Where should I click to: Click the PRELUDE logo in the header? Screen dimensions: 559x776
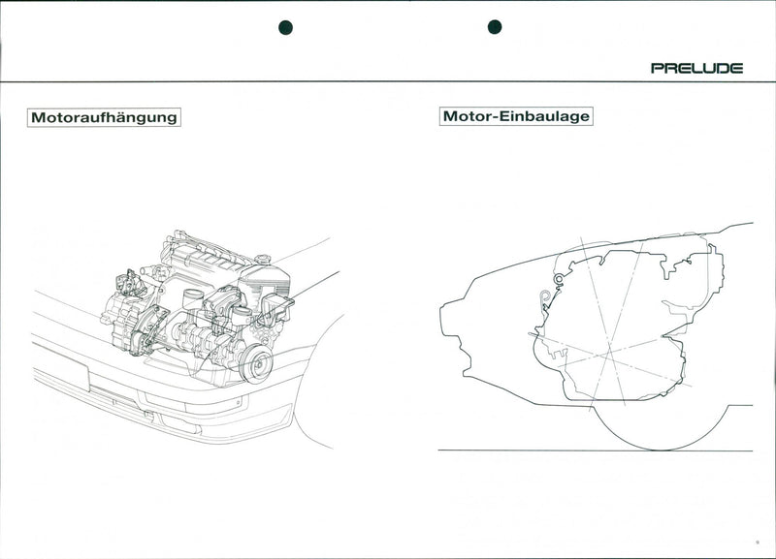coord(696,68)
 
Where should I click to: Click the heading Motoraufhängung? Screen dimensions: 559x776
coord(104,117)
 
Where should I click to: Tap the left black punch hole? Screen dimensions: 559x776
coord(285,27)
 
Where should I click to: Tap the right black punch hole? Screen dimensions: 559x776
coord(494,27)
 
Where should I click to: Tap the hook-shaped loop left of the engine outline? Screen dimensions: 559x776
coord(546,297)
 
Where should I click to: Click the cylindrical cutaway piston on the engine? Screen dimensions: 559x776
coord(192,297)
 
